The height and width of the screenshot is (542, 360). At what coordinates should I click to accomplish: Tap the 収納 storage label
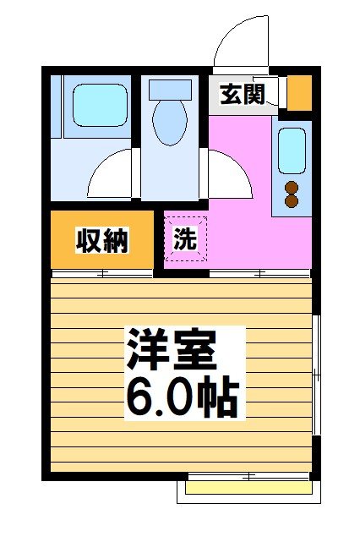click(x=102, y=241)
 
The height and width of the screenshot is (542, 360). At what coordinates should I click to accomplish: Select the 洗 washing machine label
click(x=184, y=239)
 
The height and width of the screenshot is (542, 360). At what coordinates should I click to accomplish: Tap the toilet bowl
click(x=170, y=121)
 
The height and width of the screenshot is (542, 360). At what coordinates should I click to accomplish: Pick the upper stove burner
click(x=292, y=188)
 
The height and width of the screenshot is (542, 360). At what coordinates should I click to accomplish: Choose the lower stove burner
click(x=292, y=201)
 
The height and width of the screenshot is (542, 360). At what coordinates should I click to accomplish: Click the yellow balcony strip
click(x=248, y=488)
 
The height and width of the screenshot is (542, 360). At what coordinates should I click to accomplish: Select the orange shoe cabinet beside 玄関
click(x=299, y=93)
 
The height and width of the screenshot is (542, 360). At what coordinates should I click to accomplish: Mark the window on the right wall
click(x=316, y=376)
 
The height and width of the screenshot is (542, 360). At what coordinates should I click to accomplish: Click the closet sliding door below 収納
click(x=102, y=273)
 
